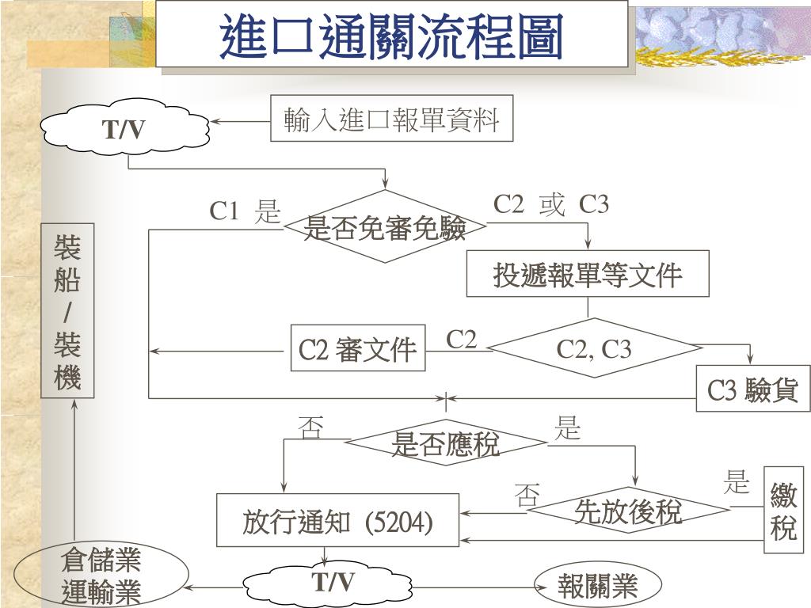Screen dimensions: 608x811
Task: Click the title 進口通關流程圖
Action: pyautogui.click(x=391, y=36)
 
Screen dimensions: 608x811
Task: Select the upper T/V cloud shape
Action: pyautogui.click(x=124, y=129)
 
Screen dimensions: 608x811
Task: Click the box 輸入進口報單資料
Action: pyautogui.click(x=391, y=120)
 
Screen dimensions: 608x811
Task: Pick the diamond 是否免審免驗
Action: pyautogui.click(x=385, y=228)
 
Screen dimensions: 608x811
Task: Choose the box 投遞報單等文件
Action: pyautogui.click(x=587, y=275)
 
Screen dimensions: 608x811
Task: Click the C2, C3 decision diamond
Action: pyautogui.click(x=594, y=348)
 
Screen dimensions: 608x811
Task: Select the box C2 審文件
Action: pyautogui.click(x=358, y=348)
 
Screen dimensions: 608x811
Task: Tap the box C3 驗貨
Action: pyautogui.click(x=752, y=389)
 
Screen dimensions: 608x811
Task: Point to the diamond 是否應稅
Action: pyautogui.click(x=446, y=444)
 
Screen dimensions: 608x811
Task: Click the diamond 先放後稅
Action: pyautogui.click(x=628, y=511)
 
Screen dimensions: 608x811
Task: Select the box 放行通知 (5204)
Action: pyautogui.click(x=338, y=521)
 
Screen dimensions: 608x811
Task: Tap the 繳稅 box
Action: pyautogui.click(x=783, y=513)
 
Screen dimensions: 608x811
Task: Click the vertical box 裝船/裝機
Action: pyautogui.click(x=67, y=311)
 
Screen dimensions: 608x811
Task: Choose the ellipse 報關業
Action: pyautogui.click(x=597, y=587)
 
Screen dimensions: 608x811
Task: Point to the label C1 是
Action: pyautogui.click(x=245, y=211)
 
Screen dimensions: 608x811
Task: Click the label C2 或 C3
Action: pyautogui.click(x=551, y=204)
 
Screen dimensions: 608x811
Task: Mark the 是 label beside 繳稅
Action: pyautogui.click(x=737, y=481)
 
